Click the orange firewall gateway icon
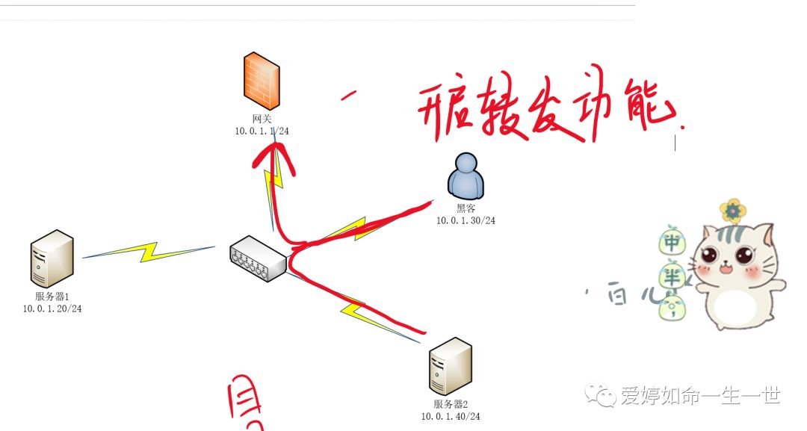point(261,80)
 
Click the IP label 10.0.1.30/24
point(466,220)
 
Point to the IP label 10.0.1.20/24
point(52,308)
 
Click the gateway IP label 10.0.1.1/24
point(262,131)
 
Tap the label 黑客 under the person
point(466,209)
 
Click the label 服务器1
point(52,297)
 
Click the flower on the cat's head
point(733,211)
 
